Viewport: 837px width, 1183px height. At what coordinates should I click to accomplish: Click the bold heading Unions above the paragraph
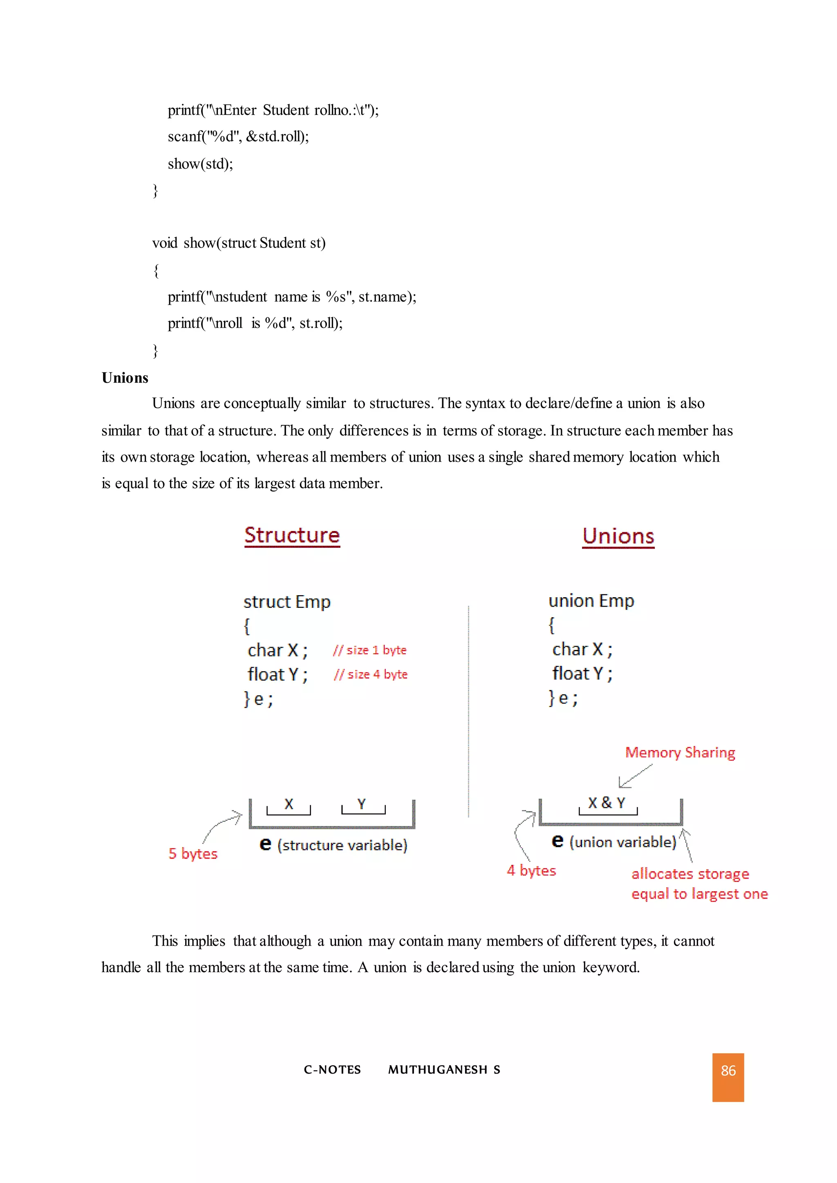click(x=125, y=378)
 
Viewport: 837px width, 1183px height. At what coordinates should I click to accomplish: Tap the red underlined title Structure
click(x=292, y=536)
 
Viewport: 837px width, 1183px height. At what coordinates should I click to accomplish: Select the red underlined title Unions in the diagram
click(x=618, y=536)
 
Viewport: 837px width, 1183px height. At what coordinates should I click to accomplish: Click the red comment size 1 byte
click(x=369, y=650)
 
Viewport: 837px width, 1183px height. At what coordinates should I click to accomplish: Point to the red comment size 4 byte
click(x=371, y=674)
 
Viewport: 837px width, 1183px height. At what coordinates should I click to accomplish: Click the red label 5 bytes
click(x=193, y=854)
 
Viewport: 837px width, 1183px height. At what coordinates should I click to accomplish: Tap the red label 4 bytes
click(x=531, y=871)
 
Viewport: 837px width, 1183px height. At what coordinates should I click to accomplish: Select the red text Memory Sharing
click(x=680, y=753)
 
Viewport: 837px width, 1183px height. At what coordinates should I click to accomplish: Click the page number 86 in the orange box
click(x=728, y=1071)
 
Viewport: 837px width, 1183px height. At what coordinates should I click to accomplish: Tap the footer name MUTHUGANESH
click(x=438, y=1070)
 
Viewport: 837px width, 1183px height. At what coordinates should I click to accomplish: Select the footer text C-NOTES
click(x=332, y=1070)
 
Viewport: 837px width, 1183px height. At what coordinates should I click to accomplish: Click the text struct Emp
click(x=286, y=602)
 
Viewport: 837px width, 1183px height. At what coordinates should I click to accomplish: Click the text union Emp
click(x=591, y=601)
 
